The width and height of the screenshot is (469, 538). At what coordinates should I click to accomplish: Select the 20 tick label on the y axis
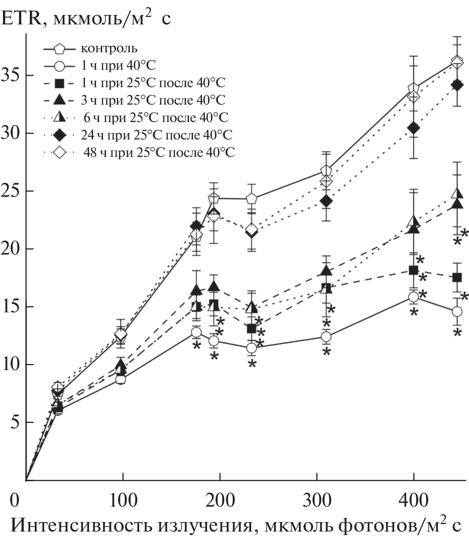12,249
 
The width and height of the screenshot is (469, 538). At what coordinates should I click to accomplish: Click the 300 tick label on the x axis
316,499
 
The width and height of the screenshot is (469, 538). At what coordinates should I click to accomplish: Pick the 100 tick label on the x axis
123,499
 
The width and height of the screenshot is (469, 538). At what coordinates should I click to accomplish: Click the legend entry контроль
107,49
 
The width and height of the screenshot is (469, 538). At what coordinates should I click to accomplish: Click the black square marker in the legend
59,83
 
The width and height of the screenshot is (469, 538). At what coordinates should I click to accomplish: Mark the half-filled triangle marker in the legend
59,117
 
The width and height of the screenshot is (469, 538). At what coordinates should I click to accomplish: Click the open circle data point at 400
413,297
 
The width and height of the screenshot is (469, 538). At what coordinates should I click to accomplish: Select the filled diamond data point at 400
413,128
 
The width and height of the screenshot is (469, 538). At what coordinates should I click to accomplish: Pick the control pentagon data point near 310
326,171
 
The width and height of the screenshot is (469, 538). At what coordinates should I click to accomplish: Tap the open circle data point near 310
326,337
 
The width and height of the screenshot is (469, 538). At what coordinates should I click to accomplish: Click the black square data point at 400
413,270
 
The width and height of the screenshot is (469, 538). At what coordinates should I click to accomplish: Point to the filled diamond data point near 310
326,201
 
